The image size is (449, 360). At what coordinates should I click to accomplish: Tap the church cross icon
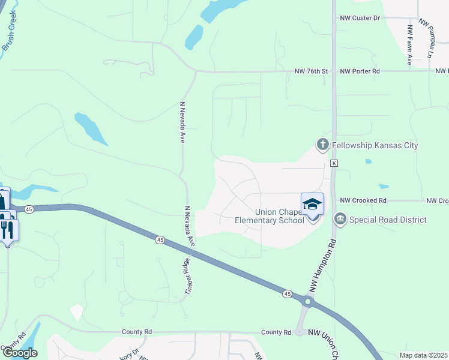tap(323, 145)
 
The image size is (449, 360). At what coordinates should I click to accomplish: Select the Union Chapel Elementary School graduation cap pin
tap(313, 205)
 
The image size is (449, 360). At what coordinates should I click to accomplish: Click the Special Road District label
tap(389, 220)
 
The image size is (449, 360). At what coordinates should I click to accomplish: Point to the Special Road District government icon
tap(340, 219)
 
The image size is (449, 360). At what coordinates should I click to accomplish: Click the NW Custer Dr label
tap(360, 18)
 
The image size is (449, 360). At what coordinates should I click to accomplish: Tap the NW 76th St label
tap(312, 71)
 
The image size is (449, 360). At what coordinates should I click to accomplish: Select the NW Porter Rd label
tap(360, 71)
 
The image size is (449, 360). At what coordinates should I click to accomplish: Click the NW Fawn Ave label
tap(410, 45)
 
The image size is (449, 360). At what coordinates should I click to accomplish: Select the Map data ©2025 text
tap(423, 355)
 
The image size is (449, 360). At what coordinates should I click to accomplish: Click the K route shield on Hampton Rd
tap(334, 163)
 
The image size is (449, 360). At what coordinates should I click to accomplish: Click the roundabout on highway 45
tap(308, 302)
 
